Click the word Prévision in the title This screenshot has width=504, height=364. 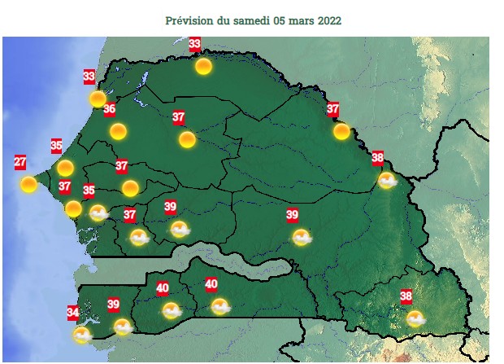[188, 20]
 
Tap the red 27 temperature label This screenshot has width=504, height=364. [20, 162]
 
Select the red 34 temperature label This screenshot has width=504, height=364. [72, 312]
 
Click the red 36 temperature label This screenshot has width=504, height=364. [109, 109]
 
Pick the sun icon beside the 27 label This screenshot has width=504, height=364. [28, 184]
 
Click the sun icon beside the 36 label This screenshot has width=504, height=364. [118, 131]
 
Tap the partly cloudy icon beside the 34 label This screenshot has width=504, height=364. [81, 334]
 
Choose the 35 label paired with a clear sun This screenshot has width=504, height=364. [56, 146]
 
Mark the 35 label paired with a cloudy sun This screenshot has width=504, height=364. [89, 191]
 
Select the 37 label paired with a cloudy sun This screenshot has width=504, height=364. [129, 215]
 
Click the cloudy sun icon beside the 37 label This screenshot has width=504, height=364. [139, 237]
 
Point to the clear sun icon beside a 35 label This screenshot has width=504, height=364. [65, 168]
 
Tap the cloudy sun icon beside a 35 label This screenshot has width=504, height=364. [98, 213]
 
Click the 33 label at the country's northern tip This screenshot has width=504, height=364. [195, 44]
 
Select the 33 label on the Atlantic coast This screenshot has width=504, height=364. [89, 77]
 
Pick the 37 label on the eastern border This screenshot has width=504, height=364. [332, 108]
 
